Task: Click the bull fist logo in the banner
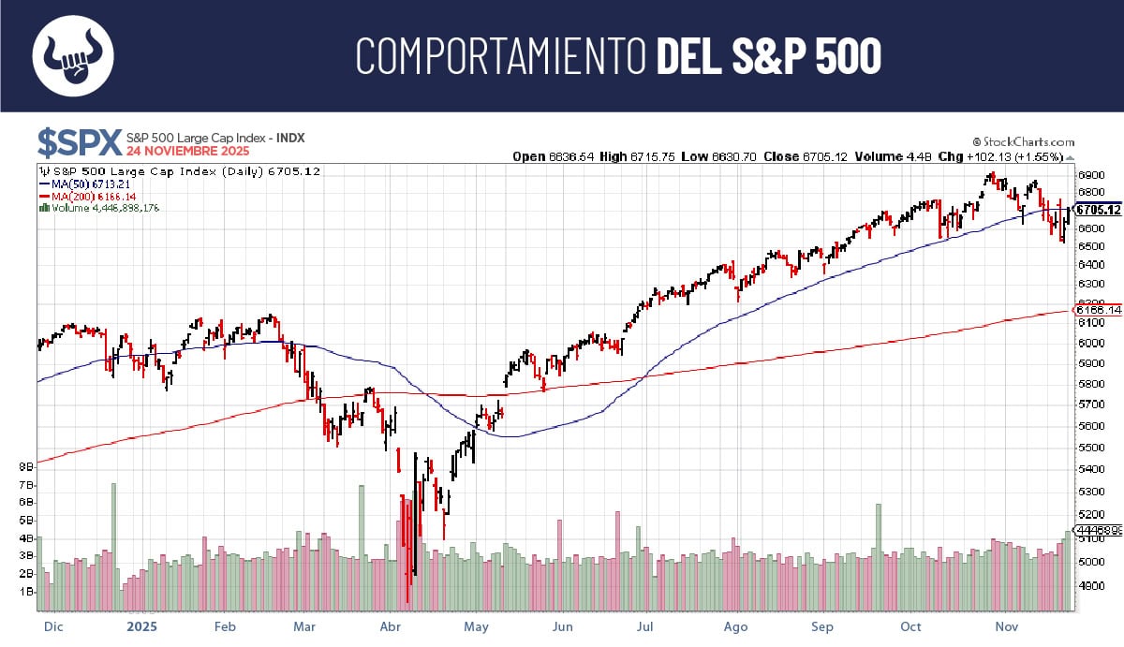(73, 55)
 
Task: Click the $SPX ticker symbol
(80, 142)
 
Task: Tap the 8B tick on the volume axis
(26, 464)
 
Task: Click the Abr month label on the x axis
(392, 626)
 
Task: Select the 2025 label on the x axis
(141, 626)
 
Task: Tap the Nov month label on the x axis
(1006, 626)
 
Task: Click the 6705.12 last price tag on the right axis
(1098, 210)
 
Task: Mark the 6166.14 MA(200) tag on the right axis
(1098, 310)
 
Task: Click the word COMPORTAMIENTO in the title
(501, 56)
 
